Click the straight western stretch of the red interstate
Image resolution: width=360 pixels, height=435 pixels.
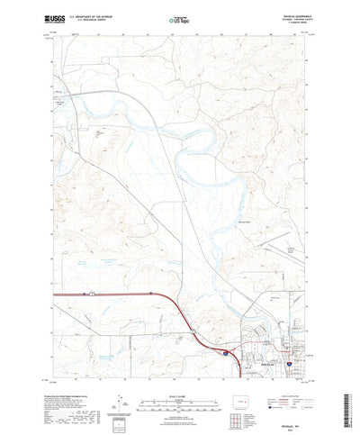(99, 295)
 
